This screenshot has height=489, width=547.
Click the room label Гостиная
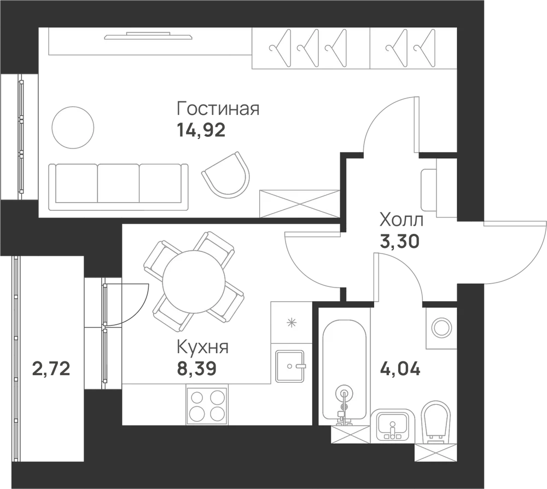[x=218, y=108]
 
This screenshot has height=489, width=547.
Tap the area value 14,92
[x=201, y=130]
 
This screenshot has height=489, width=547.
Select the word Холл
[x=401, y=220]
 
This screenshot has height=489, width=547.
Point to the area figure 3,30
[x=399, y=241]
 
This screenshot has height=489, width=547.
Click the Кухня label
[x=203, y=347]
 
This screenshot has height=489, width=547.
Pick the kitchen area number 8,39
[x=197, y=368]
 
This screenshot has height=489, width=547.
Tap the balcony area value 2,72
[x=51, y=369]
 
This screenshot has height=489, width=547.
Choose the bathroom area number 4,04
[x=400, y=369]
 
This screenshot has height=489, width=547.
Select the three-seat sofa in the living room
[x=118, y=187]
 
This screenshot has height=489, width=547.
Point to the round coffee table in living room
[x=73, y=128]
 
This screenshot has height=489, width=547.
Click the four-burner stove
[x=207, y=405]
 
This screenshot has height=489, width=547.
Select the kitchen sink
[x=290, y=366]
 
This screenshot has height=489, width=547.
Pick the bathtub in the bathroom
[x=344, y=370]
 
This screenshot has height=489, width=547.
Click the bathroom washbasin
[x=392, y=425]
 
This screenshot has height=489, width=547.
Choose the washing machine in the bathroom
[x=441, y=327]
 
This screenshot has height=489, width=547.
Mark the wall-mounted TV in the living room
[x=149, y=36]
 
